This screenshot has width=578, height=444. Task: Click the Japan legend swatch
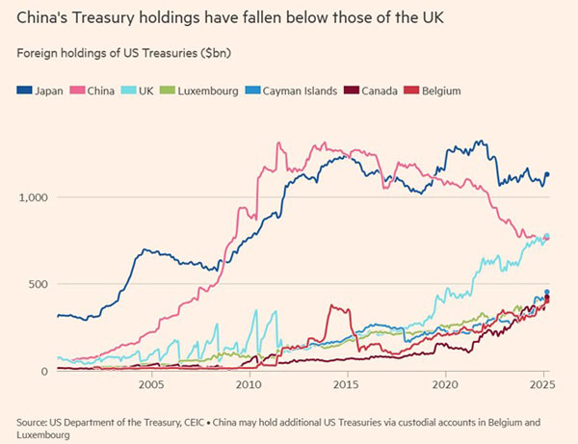[x=23, y=91]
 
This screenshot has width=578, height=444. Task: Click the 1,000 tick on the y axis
[x=34, y=196]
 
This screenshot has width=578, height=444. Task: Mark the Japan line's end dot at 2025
[x=547, y=175]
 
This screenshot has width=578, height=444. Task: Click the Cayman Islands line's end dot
[x=547, y=292]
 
